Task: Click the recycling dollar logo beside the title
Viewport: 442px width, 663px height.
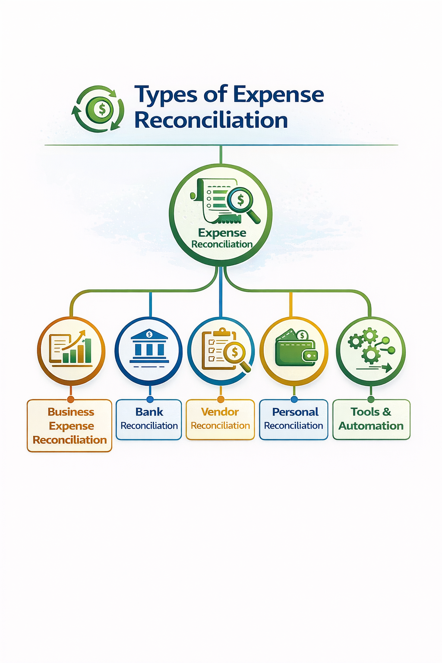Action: pyautogui.click(x=98, y=109)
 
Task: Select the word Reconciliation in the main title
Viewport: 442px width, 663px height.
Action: pyautogui.click(x=211, y=120)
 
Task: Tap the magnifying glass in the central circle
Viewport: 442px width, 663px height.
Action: pyautogui.click(x=243, y=203)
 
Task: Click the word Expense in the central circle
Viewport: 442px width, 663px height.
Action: pyautogui.click(x=222, y=233)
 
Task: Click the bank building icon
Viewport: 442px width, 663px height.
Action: pyautogui.click(x=149, y=347)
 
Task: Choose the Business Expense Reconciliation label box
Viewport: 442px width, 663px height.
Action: pyautogui.click(x=69, y=426)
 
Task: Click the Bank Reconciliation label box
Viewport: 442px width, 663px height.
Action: pyautogui.click(x=149, y=420)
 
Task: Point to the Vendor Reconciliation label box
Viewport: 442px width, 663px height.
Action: pyautogui.click(x=220, y=420)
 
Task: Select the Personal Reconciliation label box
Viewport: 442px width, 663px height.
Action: pyautogui.click(x=294, y=420)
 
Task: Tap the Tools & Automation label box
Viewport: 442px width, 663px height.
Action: pyautogui.click(x=371, y=420)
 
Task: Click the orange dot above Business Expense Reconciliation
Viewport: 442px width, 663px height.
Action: pyautogui.click(x=71, y=399)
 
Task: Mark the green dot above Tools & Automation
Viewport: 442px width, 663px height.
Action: pyautogui.click(x=371, y=399)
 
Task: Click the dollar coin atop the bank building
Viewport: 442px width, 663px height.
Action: pyautogui.click(x=149, y=334)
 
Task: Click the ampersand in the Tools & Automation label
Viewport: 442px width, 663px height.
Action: pyautogui.click(x=386, y=412)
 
